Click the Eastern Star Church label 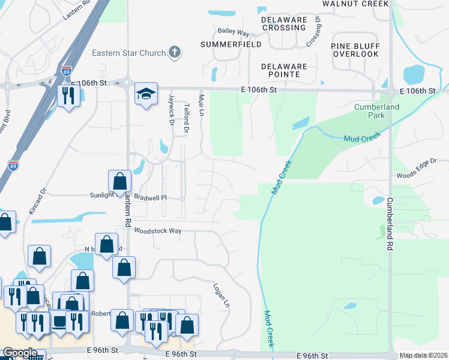[128, 53]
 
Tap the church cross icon [175, 52]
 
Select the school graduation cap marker [146, 94]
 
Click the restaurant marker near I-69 [68, 95]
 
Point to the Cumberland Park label [376, 111]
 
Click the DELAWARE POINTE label [285, 70]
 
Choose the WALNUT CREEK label [356, 4]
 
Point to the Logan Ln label [221, 296]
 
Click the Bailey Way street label [234, 32]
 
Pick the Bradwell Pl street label [149, 196]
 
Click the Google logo [20, 353]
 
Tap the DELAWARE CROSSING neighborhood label [285, 23]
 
